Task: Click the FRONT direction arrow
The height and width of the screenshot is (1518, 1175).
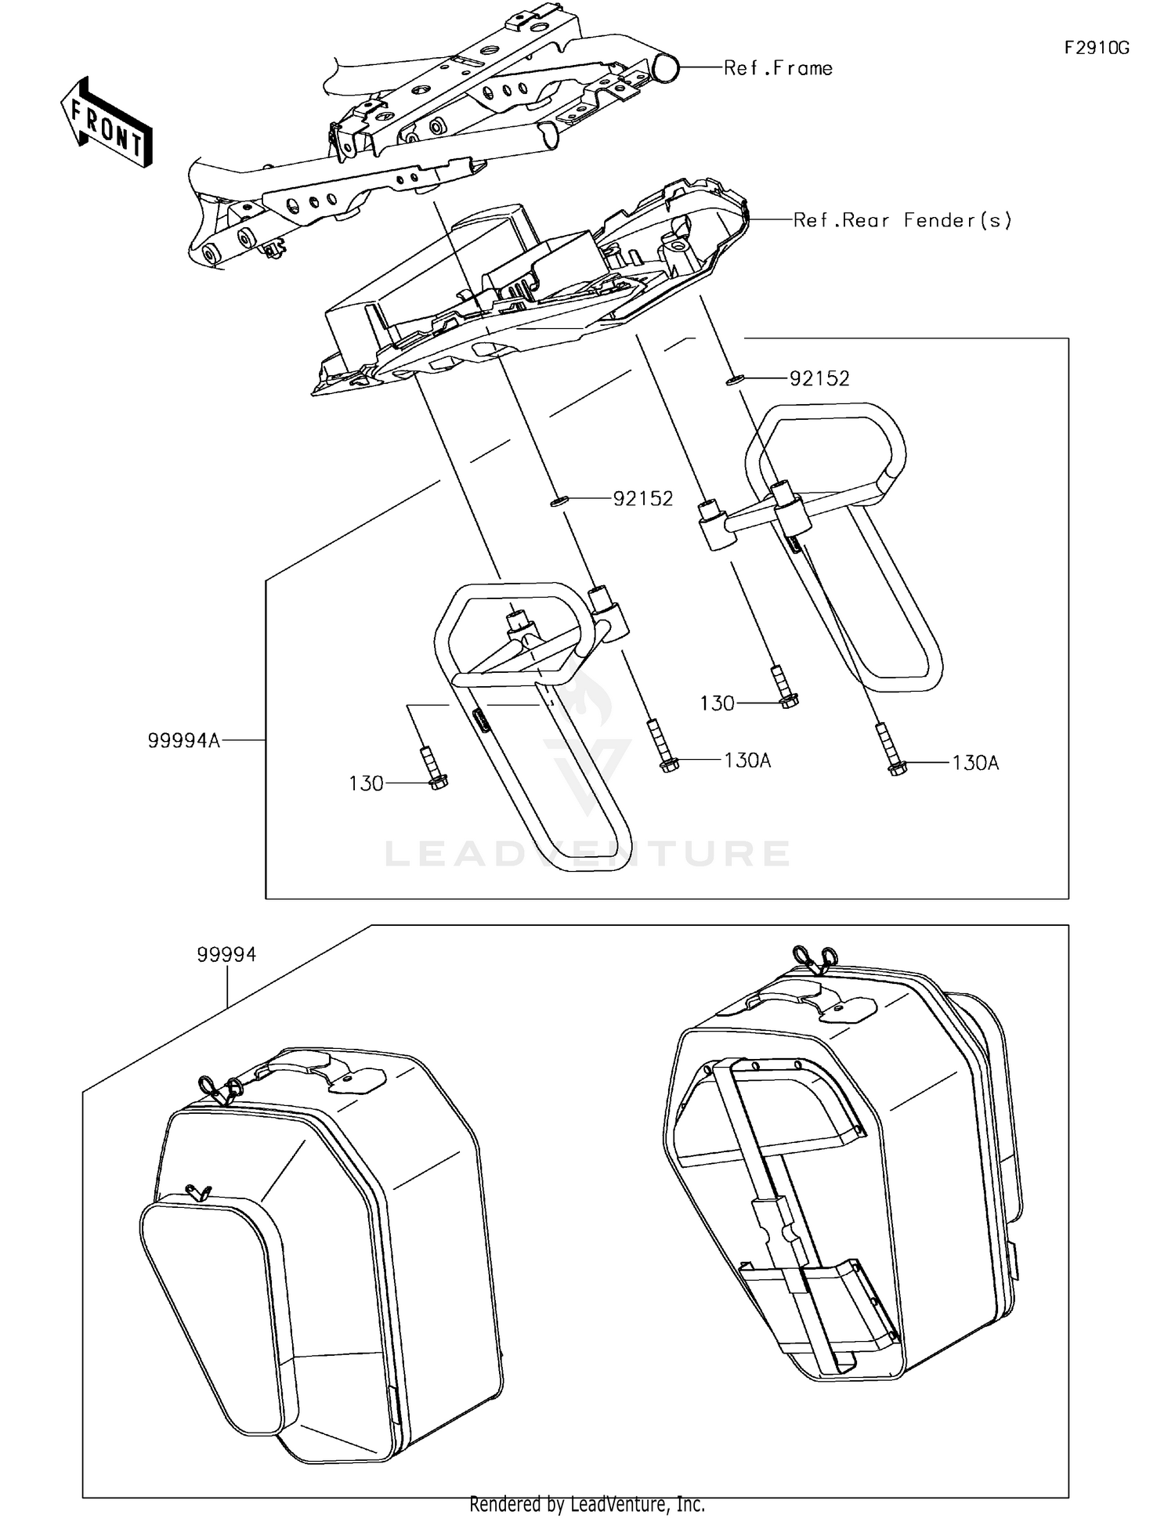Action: [107, 124]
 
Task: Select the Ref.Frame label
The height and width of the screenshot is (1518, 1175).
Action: [777, 69]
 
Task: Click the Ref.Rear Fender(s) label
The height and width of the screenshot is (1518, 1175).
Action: [902, 221]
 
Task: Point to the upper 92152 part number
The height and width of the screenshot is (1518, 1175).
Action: [819, 379]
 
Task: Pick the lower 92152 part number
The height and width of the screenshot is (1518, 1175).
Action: [642, 499]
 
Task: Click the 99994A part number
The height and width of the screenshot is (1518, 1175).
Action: [184, 740]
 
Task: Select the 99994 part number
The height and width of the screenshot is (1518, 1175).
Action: [226, 955]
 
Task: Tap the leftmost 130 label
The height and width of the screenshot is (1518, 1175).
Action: [366, 784]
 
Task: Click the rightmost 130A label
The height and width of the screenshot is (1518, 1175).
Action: [975, 763]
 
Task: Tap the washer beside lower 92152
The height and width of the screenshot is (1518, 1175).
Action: [558, 499]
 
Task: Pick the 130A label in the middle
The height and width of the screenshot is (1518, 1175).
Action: [747, 761]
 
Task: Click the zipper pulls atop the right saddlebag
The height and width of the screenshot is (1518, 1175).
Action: [815, 957]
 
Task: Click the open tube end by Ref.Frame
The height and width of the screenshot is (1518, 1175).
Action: [667, 68]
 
